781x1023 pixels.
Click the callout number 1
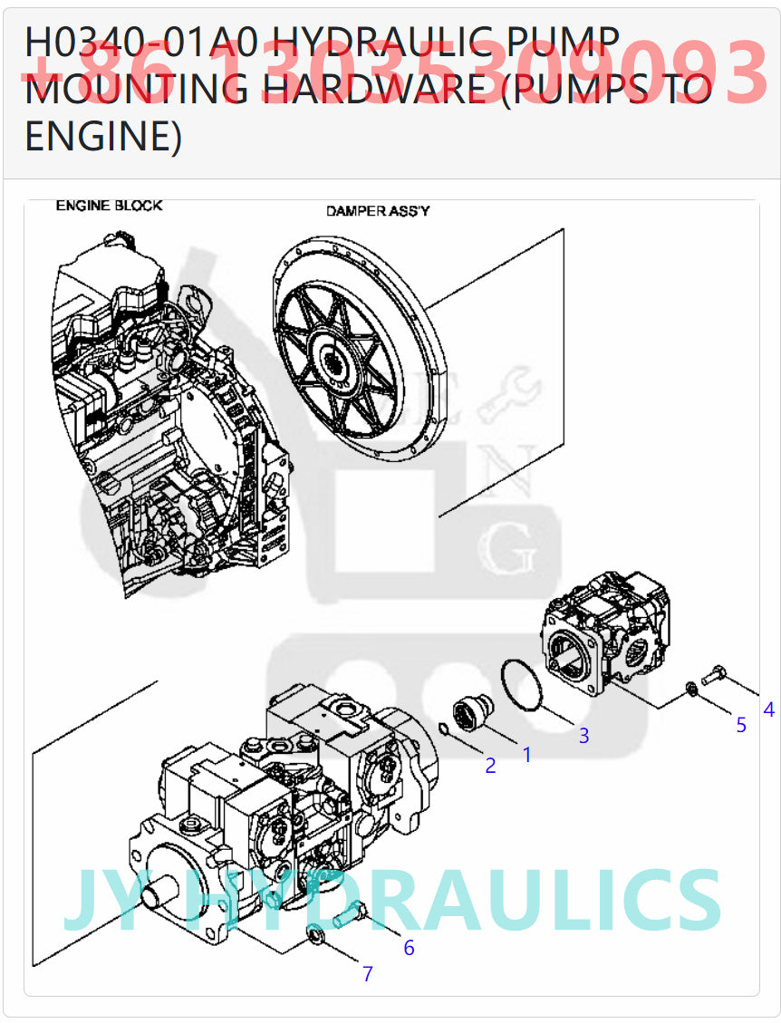pyautogui.click(x=526, y=753)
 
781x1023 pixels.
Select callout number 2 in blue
pyautogui.click(x=490, y=766)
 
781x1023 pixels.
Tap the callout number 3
pyautogui.click(x=583, y=736)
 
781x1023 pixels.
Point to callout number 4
pyautogui.click(x=769, y=709)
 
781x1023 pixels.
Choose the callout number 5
pyautogui.click(x=740, y=725)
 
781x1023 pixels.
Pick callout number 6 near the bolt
pyautogui.click(x=409, y=948)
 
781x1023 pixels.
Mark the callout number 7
pyautogui.click(x=368, y=974)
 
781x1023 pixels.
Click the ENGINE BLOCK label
pyautogui.click(x=110, y=206)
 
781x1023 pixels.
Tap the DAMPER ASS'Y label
pyautogui.click(x=378, y=211)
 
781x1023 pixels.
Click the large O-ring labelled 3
pyautogui.click(x=523, y=685)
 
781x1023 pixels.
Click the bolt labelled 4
pyautogui.click(x=714, y=673)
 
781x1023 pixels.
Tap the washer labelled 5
pyautogui.click(x=690, y=690)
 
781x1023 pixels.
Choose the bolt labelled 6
pyautogui.click(x=349, y=916)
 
